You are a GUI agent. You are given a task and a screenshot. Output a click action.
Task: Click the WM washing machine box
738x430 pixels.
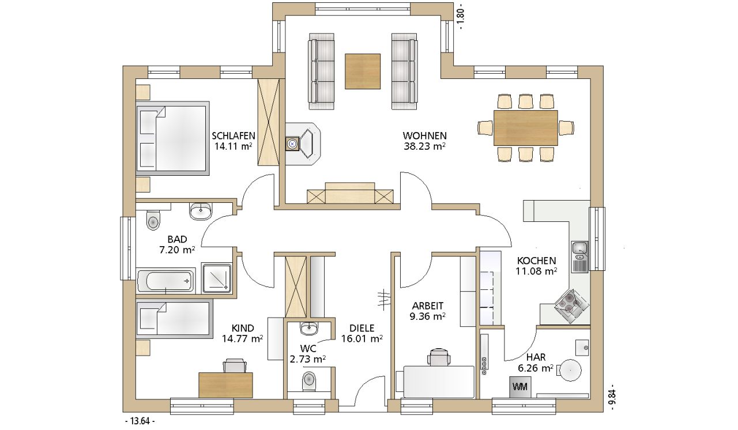(520, 387)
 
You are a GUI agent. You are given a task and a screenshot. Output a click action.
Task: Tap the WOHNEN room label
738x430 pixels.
(425, 135)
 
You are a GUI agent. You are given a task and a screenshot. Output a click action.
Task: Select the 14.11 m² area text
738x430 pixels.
(234, 146)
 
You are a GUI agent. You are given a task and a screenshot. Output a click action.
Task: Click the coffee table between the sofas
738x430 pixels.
(363, 71)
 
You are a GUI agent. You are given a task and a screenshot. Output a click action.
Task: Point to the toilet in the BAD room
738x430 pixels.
(153, 220)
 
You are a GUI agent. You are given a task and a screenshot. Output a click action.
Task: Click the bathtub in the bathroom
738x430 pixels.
(165, 281)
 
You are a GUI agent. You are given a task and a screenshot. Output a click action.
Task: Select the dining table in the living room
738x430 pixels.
(525, 128)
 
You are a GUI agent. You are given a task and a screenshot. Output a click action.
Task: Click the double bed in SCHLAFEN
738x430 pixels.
(172, 138)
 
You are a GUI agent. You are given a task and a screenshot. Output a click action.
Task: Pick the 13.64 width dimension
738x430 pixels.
(140, 421)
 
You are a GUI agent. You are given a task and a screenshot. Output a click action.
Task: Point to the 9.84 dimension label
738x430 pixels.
(612, 397)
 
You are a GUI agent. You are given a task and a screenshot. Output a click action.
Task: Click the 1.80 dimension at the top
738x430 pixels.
(461, 17)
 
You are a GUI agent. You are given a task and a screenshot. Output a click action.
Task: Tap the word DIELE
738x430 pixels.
(362, 328)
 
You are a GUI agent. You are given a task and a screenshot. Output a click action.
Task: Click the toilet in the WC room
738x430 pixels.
(308, 380)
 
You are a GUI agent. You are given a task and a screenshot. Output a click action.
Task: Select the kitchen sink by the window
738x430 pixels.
(579, 257)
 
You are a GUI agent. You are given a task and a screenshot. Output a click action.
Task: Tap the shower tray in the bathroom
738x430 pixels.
(217, 278)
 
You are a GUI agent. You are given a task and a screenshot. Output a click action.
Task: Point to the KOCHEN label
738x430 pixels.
(536, 261)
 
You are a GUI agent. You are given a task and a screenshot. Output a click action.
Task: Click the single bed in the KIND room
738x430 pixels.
(174, 319)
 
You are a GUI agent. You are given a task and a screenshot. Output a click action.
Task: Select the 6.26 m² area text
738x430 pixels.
(536, 368)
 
